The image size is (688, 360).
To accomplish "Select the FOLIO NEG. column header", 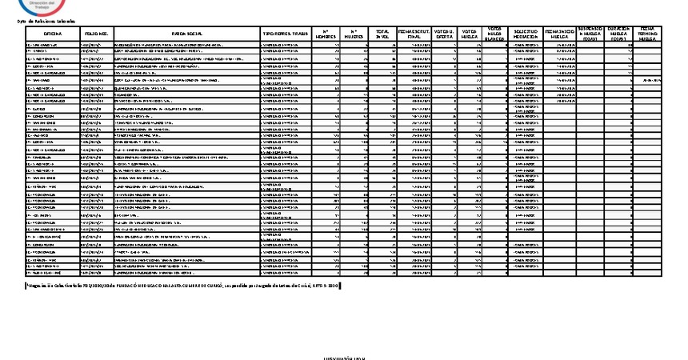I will click(x=95, y=33).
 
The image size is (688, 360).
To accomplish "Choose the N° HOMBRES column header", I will click(x=325, y=33).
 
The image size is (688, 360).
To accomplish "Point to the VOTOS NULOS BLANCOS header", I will click(x=495, y=33).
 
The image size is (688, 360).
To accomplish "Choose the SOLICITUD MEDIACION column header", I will click(x=525, y=33).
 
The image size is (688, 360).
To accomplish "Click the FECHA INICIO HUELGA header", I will click(x=560, y=33).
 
